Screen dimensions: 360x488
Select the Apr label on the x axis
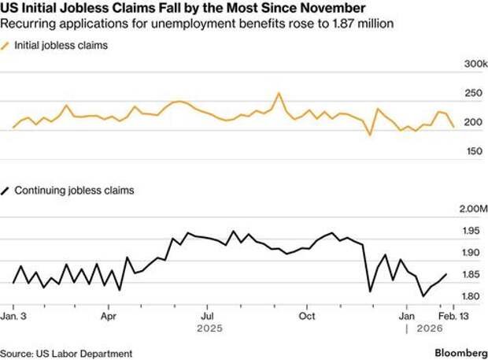[x=109, y=315]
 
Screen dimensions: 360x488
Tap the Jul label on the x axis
[x=207, y=315]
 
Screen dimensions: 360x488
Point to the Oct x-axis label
[x=307, y=315]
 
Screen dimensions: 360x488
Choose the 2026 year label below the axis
[x=429, y=328]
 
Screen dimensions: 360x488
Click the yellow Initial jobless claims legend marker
[x=7, y=46]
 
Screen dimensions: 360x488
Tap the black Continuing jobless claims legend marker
[x=7, y=191]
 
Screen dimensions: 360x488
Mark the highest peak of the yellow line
[x=279, y=93]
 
